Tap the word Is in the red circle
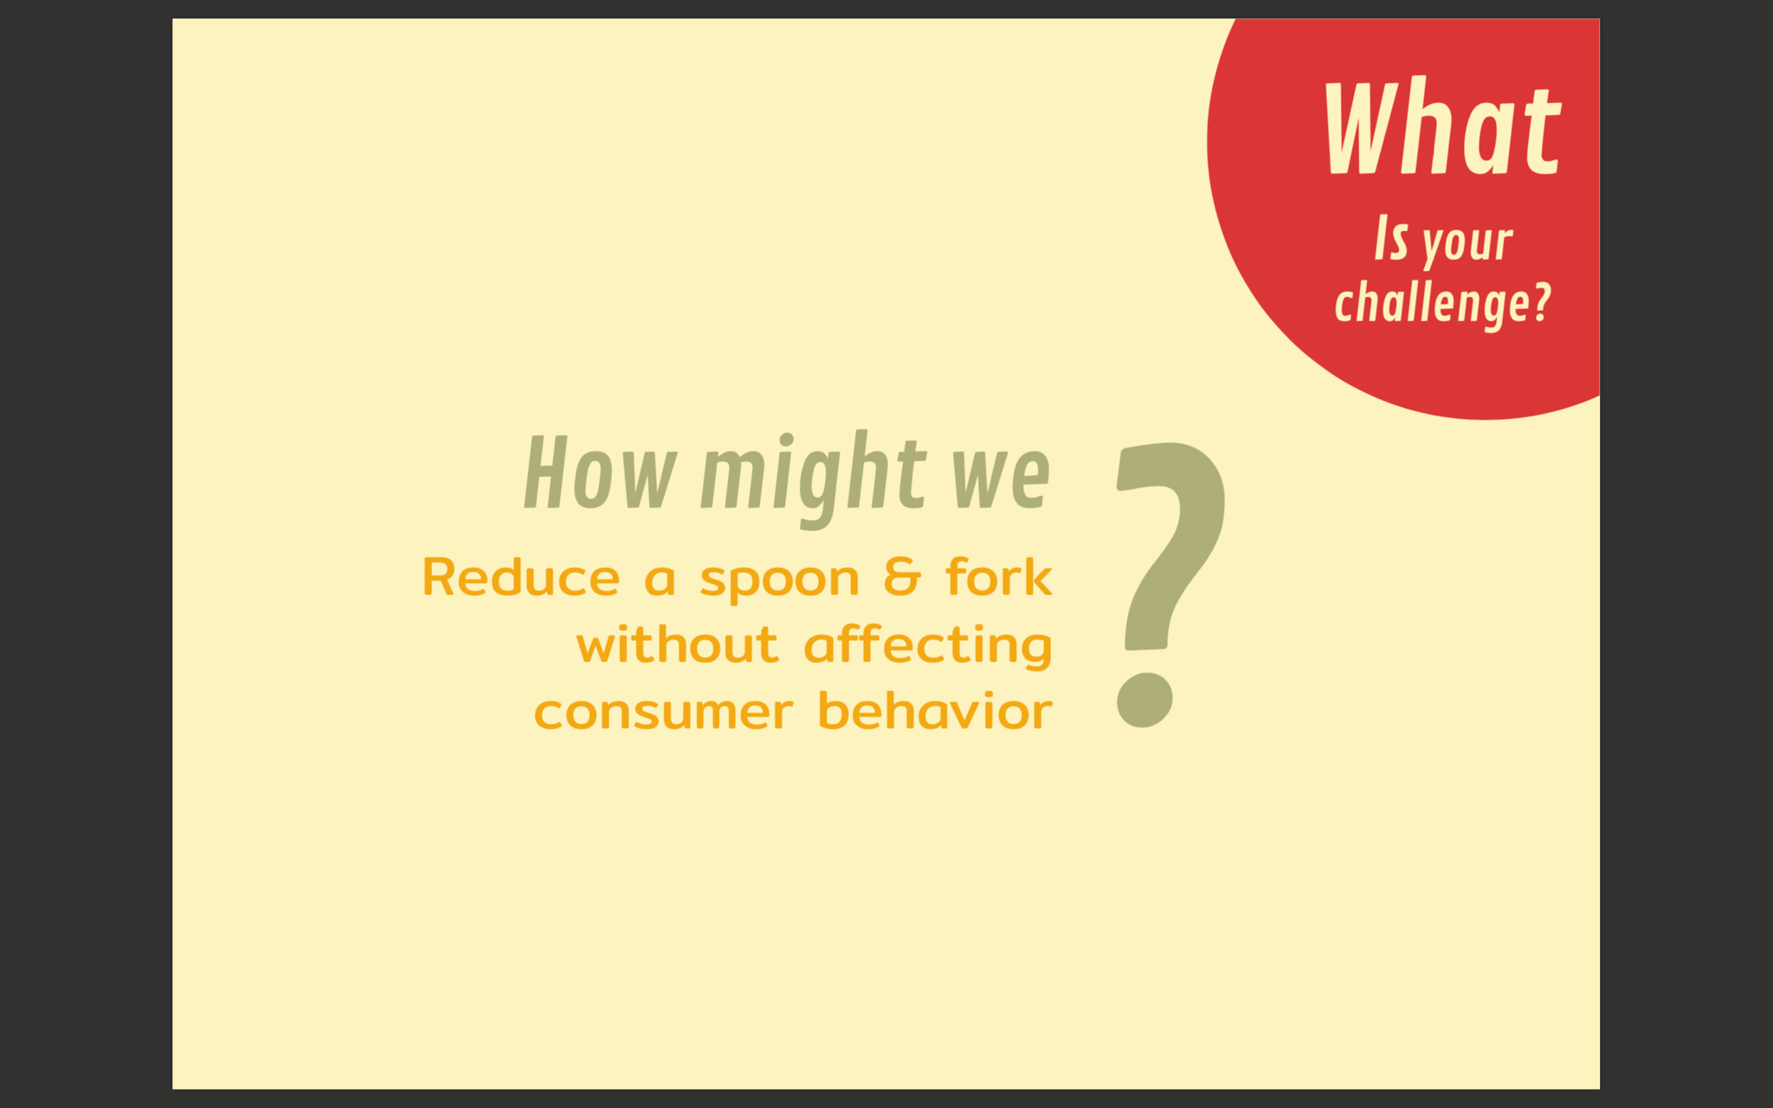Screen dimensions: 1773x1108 1391,239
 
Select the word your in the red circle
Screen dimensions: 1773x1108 1468,243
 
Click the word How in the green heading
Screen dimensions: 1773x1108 600,473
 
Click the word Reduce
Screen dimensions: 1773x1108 521,577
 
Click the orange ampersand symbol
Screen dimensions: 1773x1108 902,577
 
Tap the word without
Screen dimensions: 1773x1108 678,644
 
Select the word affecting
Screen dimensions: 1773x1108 928,646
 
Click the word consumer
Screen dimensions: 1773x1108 663,713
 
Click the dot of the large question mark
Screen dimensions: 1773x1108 1144,699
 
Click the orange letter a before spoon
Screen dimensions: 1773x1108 660,580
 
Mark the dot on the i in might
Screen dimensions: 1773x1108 786,439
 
